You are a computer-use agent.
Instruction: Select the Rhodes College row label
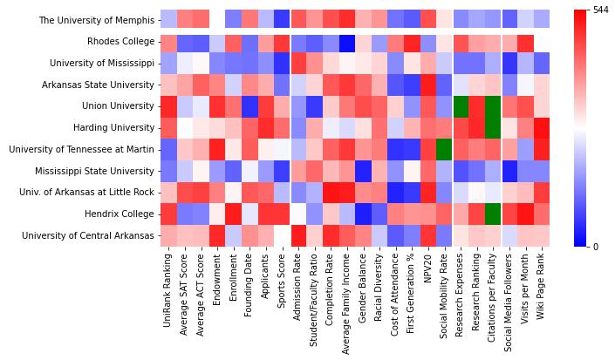[120, 42]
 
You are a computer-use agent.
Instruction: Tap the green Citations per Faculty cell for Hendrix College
[494, 214]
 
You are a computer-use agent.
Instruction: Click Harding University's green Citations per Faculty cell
[494, 128]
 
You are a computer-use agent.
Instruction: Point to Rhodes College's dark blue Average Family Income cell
[347, 42]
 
